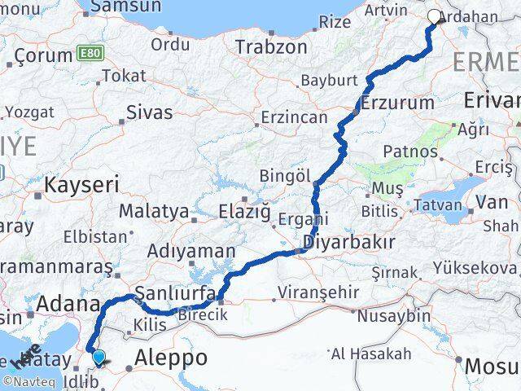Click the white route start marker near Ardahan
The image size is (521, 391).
[434, 15]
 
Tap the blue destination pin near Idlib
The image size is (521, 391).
[99, 356]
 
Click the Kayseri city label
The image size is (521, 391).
[81, 184]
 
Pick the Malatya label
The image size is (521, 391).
[155, 212]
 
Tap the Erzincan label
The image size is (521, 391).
[294, 117]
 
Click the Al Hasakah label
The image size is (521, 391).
[370, 354]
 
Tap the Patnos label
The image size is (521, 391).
[411, 152]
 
